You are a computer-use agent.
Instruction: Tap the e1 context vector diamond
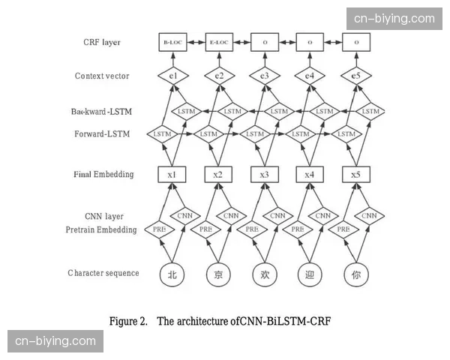(x=172, y=76)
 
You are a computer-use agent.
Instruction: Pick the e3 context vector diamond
(x=264, y=76)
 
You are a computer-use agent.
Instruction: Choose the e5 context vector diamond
(x=356, y=76)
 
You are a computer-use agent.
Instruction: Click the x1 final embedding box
(x=172, y=175)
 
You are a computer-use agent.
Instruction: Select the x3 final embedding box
(x=264, y=175)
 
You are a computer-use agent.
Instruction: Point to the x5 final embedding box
(x=356, y=175)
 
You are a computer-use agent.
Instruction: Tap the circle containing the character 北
(x=172, y=274)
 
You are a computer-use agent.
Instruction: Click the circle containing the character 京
(x=218, y=274)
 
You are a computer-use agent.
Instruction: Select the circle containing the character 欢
(x=264, y=274)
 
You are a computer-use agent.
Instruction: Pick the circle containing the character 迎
(x=310, y=274)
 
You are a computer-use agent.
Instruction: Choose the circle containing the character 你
(x=356, y=274)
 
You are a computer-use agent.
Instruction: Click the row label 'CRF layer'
(x=102, y=43)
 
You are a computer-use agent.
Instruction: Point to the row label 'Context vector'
(x=103, y=76)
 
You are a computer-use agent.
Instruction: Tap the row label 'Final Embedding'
(x=103, y=175)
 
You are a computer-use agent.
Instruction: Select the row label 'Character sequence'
(x=103, y=273)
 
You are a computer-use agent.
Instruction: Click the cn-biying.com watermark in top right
(x=394, y=18)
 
